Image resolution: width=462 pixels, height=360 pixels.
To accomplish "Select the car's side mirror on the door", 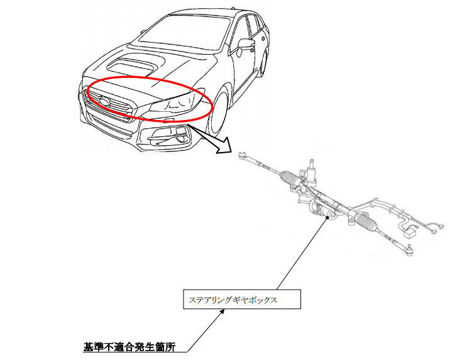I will point(243,45).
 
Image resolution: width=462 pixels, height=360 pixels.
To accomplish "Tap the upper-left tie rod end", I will point(245,152).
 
